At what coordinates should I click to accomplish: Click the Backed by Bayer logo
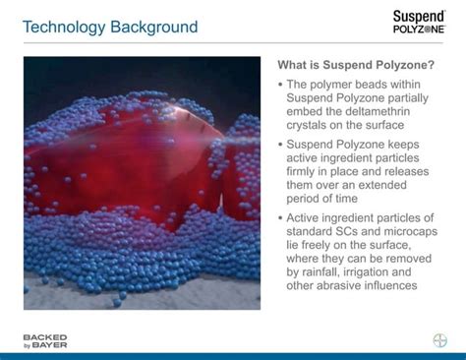tap(45, 340)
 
